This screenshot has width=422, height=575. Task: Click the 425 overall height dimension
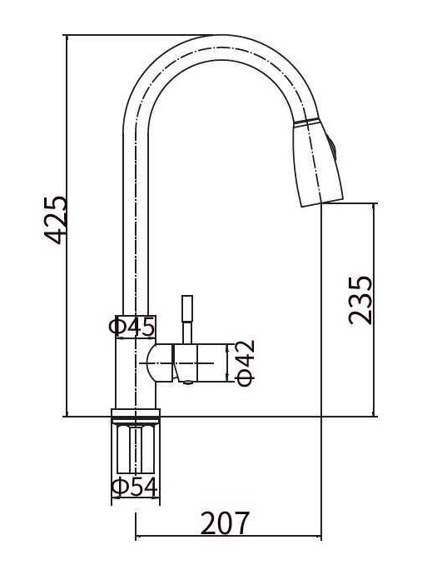click(x=56, y=220)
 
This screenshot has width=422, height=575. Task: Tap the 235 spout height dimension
click(x=360, y=300)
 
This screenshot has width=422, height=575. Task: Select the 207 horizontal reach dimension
click(x=226, y=522)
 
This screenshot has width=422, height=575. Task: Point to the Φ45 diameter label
click(x=132, y=327)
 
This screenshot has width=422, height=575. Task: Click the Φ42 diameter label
click(x=245, y=363)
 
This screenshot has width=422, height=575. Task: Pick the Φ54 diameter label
click(x=135, y=487)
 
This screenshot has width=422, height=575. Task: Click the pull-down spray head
click(x=318, y=163)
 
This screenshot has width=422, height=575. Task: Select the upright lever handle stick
click(x=187, y=319)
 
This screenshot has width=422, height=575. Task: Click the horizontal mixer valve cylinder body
click(x=199, y=363)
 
